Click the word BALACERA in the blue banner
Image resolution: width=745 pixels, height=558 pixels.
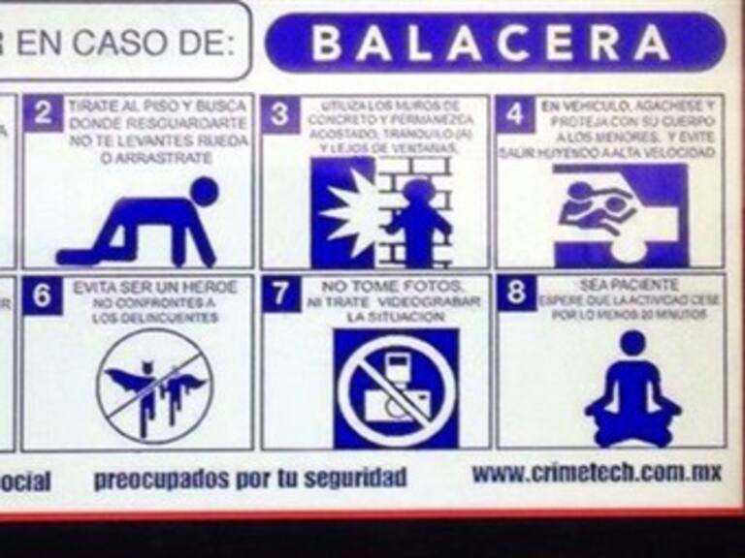click(491, 43)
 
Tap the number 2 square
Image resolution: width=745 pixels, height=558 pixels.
click(43, 113)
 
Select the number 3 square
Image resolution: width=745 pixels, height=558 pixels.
click(279, 114)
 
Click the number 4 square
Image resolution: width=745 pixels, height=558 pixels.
click(515, 114)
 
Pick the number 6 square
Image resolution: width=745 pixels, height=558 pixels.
click(42, 295)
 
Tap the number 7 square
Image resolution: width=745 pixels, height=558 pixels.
click(279, 294)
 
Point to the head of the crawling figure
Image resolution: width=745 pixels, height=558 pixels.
click(205, 190)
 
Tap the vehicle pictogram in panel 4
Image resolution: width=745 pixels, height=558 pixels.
click(618, 215)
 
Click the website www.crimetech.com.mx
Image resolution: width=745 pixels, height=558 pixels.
click(596, 474)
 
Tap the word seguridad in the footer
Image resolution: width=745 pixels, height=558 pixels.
click(355, 479)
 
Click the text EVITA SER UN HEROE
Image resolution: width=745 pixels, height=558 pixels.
click(155, 288)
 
